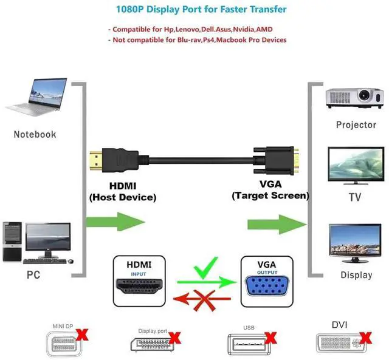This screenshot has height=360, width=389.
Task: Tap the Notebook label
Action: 35,134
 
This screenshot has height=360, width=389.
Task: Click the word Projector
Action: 356,125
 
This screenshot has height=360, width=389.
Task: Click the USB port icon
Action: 248,344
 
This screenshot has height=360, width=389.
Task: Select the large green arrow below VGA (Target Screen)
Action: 277,224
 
